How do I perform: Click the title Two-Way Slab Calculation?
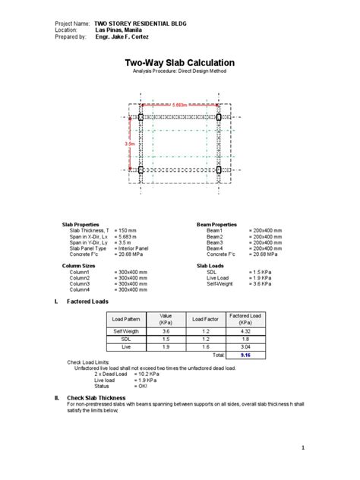pyautogui.click(x=179, y=62)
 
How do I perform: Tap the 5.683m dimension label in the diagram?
pyautogui.click(x=181, y=105)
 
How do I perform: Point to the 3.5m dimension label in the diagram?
pyautogui.click(x=130, y=143)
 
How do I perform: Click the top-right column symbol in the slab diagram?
pyautogui.click(x=219, y=117)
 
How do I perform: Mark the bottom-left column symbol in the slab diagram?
pyautogui.click(x=141, y=170)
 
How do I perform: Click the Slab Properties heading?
pyautogui.click(x=81, y=225)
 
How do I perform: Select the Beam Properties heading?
pyautogui.click(x=216, y=225)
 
